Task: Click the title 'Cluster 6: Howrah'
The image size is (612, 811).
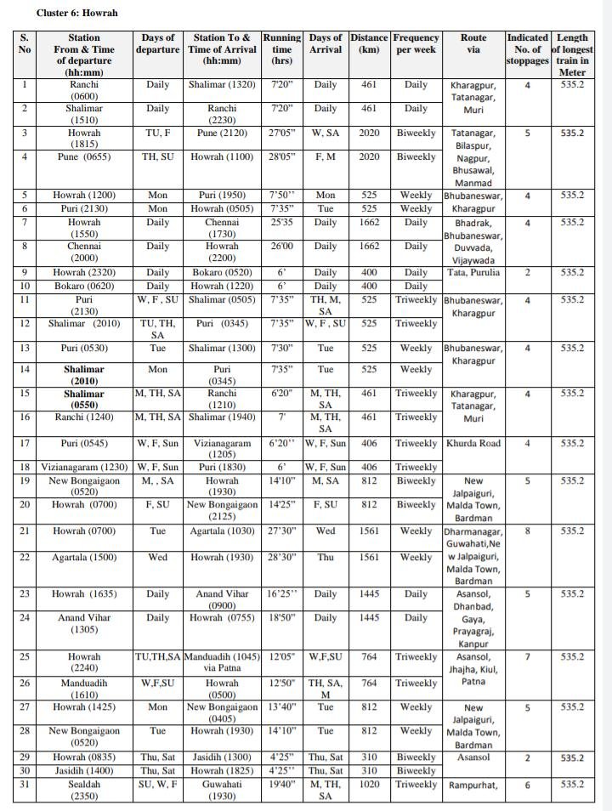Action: click(77, 14)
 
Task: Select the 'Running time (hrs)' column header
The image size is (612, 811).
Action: click(281, 49)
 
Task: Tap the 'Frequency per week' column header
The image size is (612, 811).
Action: click(416, 43)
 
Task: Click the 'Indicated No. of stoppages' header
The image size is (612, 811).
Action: click(527, 49)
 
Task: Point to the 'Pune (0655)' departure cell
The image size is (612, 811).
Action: click(84, 157)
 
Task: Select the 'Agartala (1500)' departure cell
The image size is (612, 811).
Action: click(84, 557)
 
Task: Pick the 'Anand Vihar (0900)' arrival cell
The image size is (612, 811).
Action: click(221, 600)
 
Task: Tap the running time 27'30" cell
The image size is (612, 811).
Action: click(281, 531)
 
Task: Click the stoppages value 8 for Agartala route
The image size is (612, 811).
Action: click(527, 531)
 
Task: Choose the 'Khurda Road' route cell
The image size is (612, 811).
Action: click(473, 444)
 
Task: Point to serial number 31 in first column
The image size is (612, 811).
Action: click(25, 784)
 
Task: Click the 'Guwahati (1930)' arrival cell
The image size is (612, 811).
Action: click(221, 790)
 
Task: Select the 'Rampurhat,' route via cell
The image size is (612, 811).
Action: click(473, 785)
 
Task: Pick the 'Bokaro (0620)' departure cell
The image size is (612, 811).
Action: click(84, 286)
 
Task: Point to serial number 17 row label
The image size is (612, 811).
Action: click(25, 444)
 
